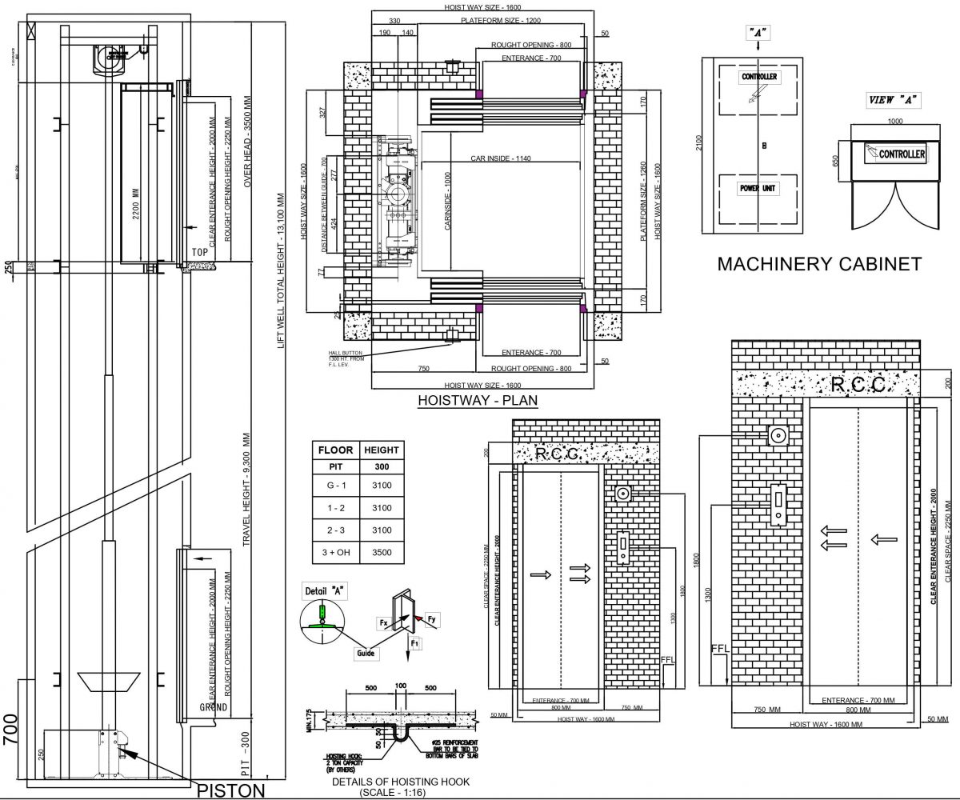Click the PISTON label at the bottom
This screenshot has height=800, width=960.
(230, 790)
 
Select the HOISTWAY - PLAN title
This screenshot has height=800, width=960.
(478, 401)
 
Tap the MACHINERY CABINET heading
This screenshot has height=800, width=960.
(820, 264)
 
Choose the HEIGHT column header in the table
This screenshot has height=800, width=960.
(380, 450)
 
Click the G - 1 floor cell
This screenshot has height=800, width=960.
(336, 486)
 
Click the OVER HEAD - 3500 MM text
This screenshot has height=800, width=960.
(248, 144)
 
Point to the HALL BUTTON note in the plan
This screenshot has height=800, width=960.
(346, 358)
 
